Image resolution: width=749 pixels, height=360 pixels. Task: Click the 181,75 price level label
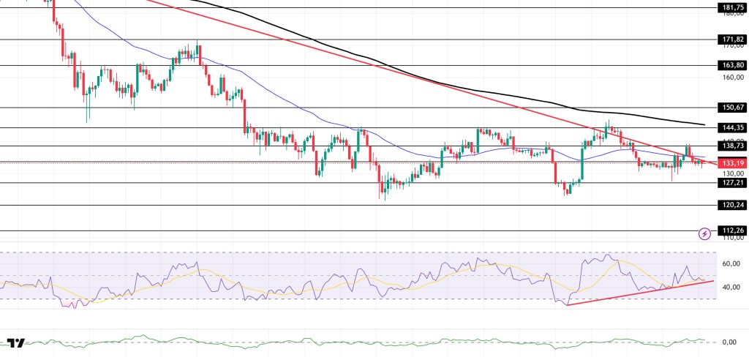click(732, 7)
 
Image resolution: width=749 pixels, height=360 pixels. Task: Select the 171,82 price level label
click(732, 39)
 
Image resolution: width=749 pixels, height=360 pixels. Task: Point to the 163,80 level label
click(732, 64)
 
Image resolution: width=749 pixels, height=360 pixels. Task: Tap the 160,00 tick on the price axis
click(732, 78)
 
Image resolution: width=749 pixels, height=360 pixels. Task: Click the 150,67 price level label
click(732, 108)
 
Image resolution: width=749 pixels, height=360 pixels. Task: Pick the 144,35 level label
click(732, 127)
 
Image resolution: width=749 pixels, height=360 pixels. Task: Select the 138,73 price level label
click(732, 146)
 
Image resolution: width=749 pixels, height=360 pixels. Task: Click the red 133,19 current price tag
click(732, 162)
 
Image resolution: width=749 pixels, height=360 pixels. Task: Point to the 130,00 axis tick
click(732, 172)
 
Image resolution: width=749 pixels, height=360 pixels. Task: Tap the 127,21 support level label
click(732, 183)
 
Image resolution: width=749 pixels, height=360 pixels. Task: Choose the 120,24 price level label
click(732, 206)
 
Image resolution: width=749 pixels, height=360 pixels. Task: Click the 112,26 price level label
click(732, 231)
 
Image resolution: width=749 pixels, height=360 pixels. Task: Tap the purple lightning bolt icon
click(704, 233)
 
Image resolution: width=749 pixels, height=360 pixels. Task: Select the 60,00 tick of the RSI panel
click(732, 263)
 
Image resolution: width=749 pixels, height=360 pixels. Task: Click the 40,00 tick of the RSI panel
click(732, 288)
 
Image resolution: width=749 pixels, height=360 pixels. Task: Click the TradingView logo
click(15, 342)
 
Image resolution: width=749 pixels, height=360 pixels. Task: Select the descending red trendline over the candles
click(366, 64)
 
